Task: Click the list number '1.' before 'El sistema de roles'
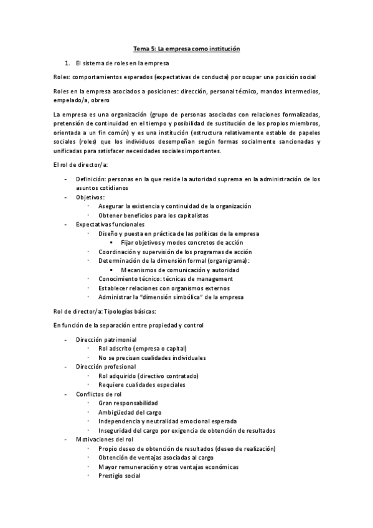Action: pyautogui.click(x=67, y=64)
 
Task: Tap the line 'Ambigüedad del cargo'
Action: pyautogui.click(x=130, y=412)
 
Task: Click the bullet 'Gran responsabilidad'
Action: pyautogui.click(x=128, y=403)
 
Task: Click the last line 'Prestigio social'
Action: pyautogui.click(x=119, y=476)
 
